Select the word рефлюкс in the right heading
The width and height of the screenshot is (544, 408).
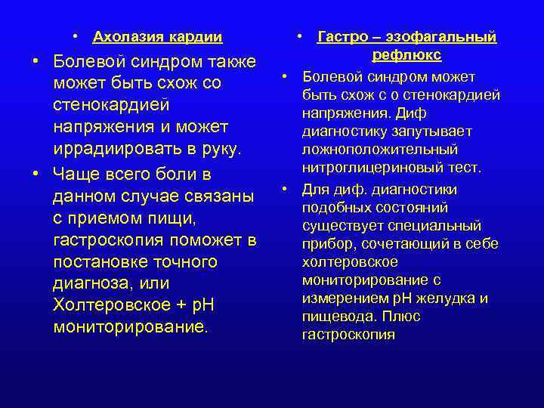coord(406,56)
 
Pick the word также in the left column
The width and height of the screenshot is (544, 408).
coord(228,61)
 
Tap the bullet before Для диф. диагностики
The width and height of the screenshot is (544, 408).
coord(286,188)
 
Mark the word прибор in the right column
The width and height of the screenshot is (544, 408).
coord(323,243)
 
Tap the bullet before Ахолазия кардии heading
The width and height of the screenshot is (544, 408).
coord(77,36)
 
